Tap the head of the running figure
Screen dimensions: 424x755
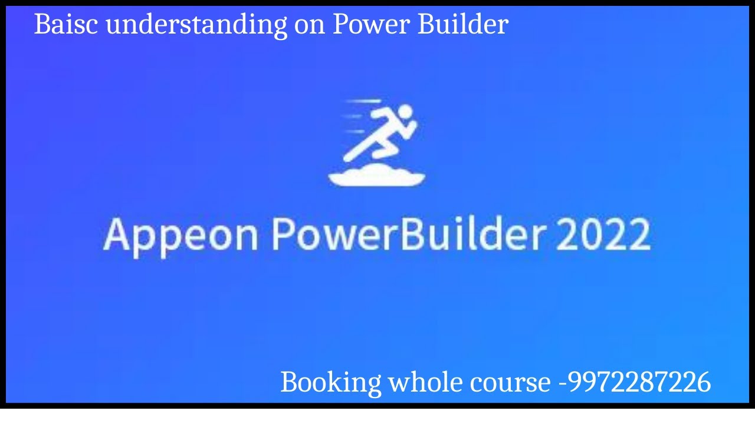pyautogui.click(x=405, y=112)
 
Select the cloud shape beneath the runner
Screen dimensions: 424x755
pyautogui.click(x=376, y=175)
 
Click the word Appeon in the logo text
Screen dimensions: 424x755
pyautogui.click(x=180, y=235)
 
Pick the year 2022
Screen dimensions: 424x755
pyautogui.click(x=603, y=234)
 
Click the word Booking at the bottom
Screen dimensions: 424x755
pyautogui.click(x=330, y=383)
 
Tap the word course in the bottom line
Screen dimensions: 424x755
pyautogui.click(x=510, y=383)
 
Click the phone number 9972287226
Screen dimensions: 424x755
pyautogui.click(x=639, y=383)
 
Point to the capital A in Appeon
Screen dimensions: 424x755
pyautogui.click(x=116, y=234)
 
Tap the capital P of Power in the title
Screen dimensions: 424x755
pyautogui.click(x=340, y=25)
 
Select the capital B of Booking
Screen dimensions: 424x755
pyautogui.click(x=289, y=382)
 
